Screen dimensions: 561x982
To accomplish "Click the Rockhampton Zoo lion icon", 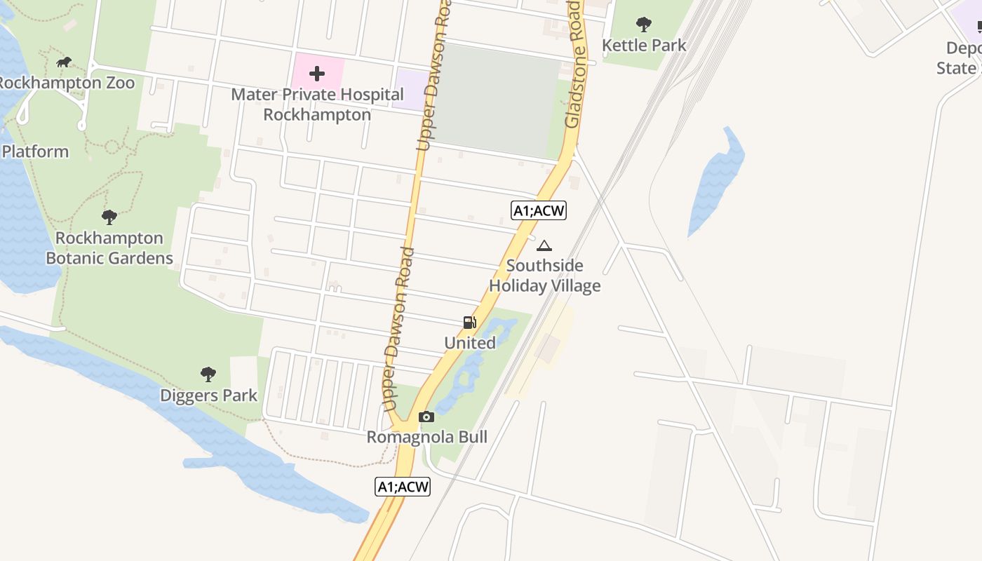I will (x=64, y=62).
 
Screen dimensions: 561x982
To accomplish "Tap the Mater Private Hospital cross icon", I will (x=317, y=74).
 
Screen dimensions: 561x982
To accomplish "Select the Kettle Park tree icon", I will (x=643, y=25).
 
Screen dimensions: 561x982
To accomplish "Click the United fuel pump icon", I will (x=470, y=323).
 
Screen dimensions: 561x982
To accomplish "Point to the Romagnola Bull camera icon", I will (x=426, y=417).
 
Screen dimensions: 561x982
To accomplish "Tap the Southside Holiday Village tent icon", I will (x=544, y=246).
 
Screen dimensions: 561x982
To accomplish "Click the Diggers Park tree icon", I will (x=208, y=374).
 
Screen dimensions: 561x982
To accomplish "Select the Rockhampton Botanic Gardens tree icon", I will (x=109, y=217).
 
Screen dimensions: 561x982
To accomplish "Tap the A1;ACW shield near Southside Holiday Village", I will (x=538, y=210).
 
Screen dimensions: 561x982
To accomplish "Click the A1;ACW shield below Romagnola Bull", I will (x=402, y=487).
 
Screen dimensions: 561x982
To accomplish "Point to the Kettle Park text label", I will (x=644, y=46).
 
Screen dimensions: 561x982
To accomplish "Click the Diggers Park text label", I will (x=209, y=396).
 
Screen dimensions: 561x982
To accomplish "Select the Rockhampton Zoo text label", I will (x=66, y=83).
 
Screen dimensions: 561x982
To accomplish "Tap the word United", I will (x=470, y=343).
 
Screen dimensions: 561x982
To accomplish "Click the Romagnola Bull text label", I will (x=426, y=437).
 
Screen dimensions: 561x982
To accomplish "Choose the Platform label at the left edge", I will (x=35, y=151).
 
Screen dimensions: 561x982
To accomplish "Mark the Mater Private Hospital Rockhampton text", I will (x=317, y=104).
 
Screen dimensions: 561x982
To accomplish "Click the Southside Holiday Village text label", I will (x=545, y=276).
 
